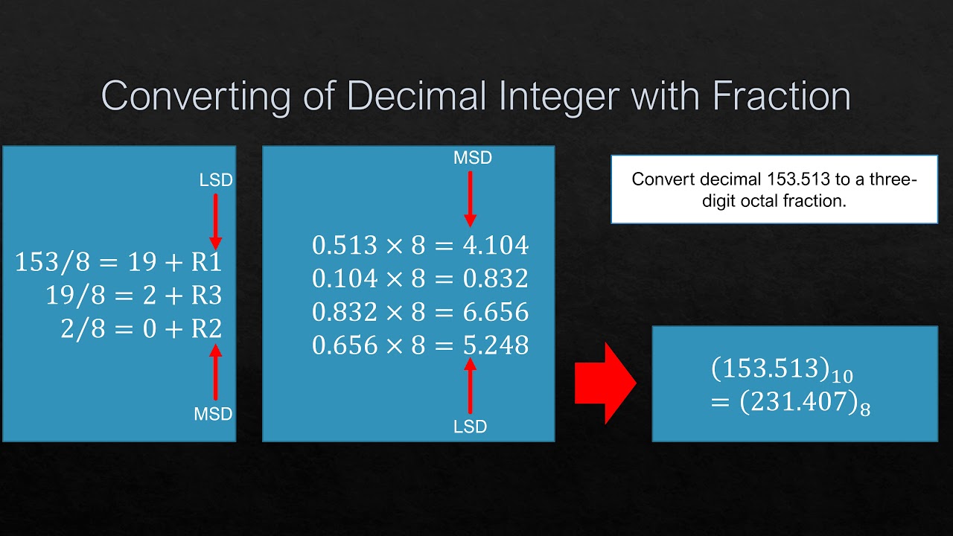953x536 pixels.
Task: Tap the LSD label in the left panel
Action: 216,180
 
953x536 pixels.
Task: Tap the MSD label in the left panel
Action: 214,414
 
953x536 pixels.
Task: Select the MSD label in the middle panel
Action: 473,158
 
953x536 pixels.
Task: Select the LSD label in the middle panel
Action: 470,427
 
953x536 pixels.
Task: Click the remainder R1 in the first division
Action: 206,262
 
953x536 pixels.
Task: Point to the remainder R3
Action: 206,296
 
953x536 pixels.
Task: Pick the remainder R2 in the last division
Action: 206,329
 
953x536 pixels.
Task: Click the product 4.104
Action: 496,245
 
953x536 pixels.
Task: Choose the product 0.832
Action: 496,278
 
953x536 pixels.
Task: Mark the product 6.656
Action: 496,312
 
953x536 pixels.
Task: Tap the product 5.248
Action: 496,345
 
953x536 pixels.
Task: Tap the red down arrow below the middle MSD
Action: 470,198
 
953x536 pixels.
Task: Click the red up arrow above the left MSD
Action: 215,372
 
